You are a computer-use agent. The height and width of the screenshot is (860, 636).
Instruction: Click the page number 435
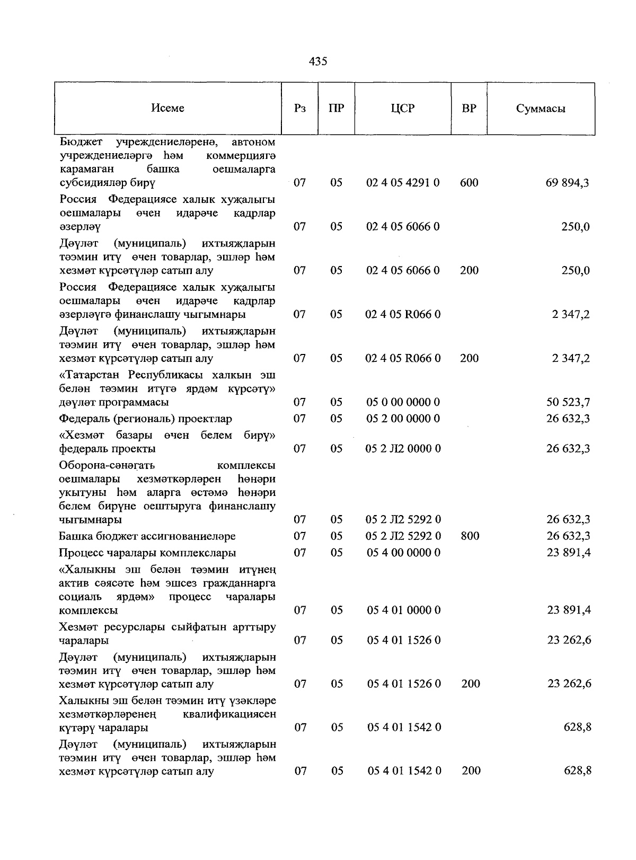[x=318, y=61]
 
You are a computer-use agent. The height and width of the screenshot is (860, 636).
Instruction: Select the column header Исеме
[x=167, y=108]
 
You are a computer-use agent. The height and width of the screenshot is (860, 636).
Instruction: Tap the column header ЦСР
[x=402, y=108]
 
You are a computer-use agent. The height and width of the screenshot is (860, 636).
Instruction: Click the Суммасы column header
[x=540, y=109]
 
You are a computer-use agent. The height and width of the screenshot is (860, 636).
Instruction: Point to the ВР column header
[x=469, y=108]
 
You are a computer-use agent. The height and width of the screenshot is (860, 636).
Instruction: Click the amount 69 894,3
[x=567, y=183]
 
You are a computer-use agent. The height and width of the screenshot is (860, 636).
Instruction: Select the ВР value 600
[x=469, y=183]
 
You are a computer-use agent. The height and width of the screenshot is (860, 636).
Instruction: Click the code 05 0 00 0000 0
[x=403, y=402]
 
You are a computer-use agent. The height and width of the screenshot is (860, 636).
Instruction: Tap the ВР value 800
[x=470, y=536]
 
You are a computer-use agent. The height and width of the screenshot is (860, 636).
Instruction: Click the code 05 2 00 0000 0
[x=403, y=419]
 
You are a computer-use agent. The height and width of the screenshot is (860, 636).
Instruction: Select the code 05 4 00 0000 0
[x=403, y=553]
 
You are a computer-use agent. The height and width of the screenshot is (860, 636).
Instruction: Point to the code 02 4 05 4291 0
[x=403, y=183]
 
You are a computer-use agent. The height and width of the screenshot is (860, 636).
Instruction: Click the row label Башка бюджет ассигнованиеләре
[x=147, y=536]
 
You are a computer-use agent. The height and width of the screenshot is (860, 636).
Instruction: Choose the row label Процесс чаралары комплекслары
[x=147, y=553]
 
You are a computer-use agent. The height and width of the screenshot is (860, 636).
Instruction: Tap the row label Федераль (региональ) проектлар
[x=145, y=419]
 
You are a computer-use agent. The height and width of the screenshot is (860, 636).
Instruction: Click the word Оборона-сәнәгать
[x=107, y=465]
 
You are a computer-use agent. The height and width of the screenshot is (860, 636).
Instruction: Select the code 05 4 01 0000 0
[x=403, y=610]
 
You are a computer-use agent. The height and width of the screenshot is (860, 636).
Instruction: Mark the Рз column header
[x=299, y=108]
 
